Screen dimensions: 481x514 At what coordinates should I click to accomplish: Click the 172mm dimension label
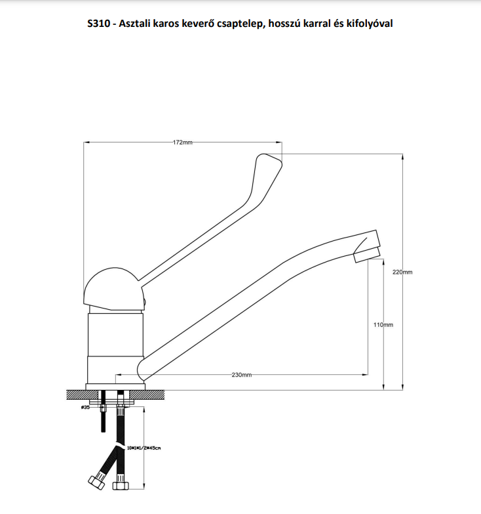pos(183,142)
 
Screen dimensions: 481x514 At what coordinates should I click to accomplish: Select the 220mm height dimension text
pos(402,272)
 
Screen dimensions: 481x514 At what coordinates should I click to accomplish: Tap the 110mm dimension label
pos(383,325)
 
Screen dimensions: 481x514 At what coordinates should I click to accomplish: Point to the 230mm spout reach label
pos(241,375)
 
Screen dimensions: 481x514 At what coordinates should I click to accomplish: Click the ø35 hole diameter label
pos(85,408)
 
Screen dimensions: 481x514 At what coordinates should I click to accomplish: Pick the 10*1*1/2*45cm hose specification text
pos(144,448)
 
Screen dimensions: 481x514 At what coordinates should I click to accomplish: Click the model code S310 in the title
pos(99,24)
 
